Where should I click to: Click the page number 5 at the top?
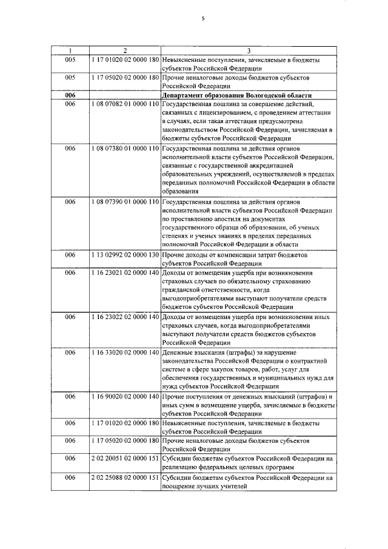click(203, 19)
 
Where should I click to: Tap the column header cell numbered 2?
click(125, 50)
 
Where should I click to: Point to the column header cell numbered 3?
click(249, 50)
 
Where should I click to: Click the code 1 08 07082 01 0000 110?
click(125, 105)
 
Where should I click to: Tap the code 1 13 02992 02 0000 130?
click(125, 255)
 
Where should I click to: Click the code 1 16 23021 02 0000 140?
click(125, 273)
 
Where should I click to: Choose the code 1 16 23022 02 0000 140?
click(125, 317)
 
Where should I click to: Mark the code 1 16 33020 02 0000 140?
click(125, 352)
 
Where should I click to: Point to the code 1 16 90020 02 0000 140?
click(125, 396)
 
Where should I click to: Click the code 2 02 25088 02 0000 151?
click(125, 478)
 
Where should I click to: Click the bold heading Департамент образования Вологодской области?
click(236, 96)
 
